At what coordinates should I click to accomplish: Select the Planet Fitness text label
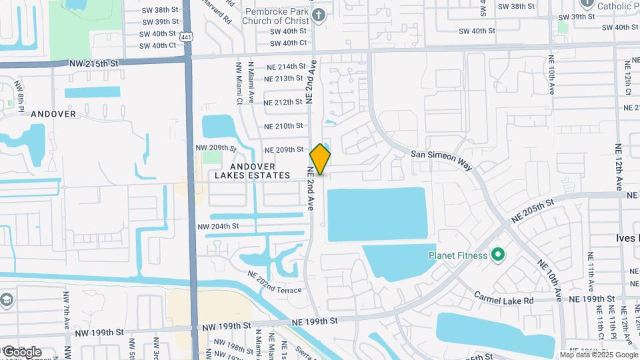(x=459, y=254)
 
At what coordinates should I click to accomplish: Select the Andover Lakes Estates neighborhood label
(x=253, y=171)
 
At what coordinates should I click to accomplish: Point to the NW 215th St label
(x=93, y=63)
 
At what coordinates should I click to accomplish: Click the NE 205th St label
(x=533, y=211)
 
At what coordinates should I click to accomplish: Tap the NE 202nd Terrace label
(x=275, y=281)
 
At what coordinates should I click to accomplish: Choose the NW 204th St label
(x=218, y=227)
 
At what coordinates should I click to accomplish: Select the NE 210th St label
(x=284, y=126)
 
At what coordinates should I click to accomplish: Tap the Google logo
(x=21, y=351)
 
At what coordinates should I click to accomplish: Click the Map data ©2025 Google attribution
(x=599, y=355)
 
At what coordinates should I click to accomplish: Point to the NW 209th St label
(x=216, y=147)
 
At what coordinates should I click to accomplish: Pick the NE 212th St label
(x=283, y=102)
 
